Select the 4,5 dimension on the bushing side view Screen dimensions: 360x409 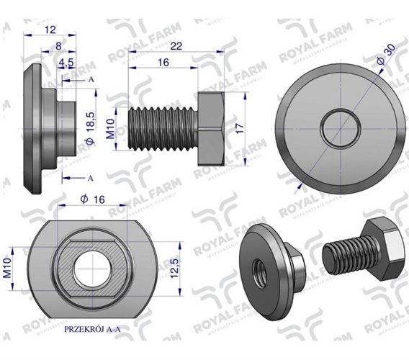click(66, 63)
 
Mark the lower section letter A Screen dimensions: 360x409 click(90, 177)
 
